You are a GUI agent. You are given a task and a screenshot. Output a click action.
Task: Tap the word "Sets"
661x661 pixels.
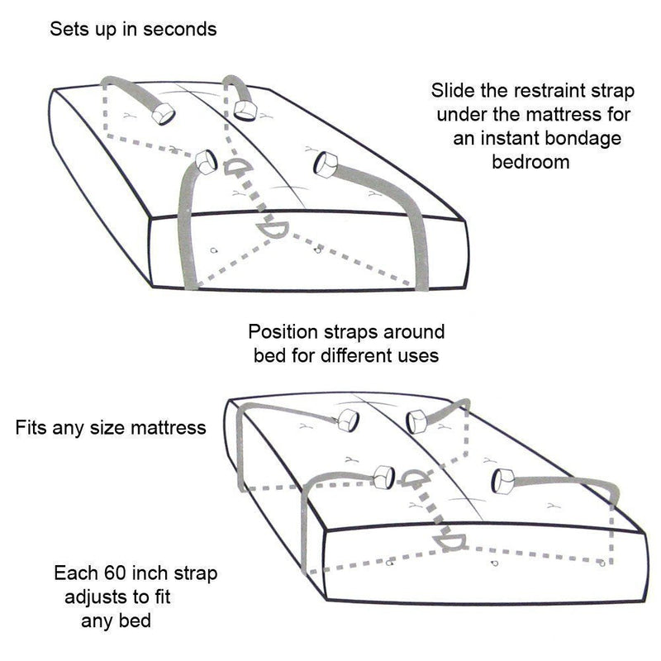[67, 30]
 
